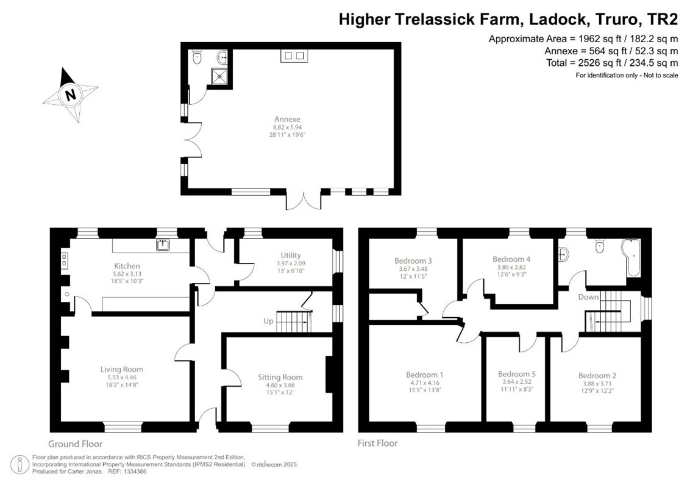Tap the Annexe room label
point(286,119)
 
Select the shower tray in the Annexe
point(218,76)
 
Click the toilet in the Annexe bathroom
point(196,57)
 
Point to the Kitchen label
point(127,266)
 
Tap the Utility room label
point(291,255)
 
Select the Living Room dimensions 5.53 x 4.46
point(122,378)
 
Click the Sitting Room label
point(280,377)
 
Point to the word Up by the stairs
point(268,320)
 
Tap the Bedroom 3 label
point(413,260)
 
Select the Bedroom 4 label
point(511,259)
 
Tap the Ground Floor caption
point(76,444)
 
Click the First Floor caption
point(377,443)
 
